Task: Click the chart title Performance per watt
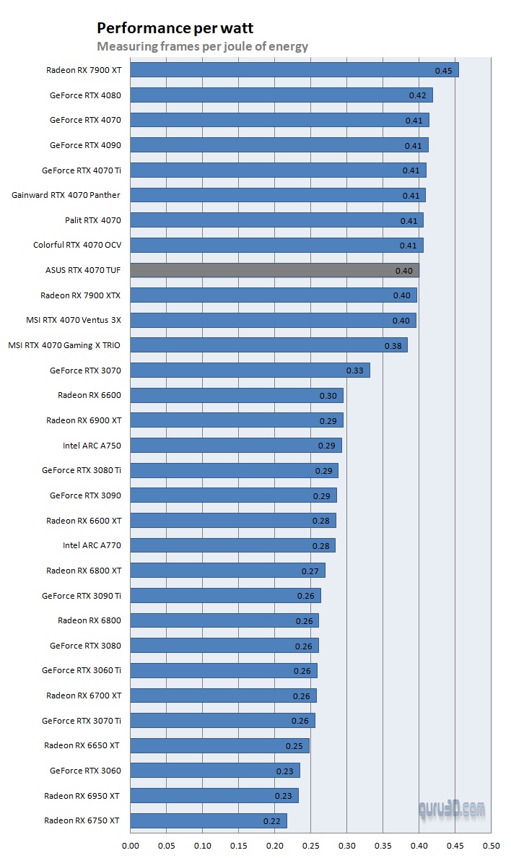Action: click(175, 28)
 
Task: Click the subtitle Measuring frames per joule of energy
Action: click(202, 47)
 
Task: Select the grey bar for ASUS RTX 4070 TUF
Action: click(274, 270)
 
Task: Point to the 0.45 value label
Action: click(443, 71)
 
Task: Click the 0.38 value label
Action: click(393, 346)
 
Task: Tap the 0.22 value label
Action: click(272, 821)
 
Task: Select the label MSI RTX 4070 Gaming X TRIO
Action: click(64, 345)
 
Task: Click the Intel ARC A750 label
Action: click(92, 446)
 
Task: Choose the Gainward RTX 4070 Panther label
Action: click(66, 195)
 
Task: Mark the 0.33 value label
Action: click(355, 370)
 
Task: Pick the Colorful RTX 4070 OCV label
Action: click(77, 245)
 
